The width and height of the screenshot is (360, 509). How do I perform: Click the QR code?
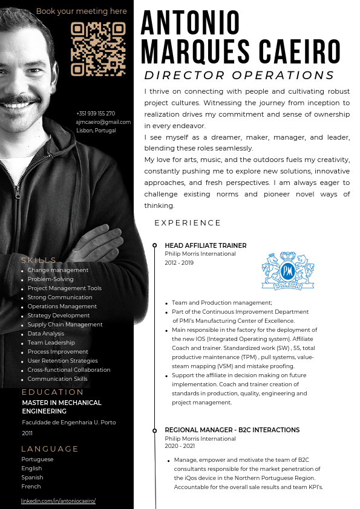point(98,50)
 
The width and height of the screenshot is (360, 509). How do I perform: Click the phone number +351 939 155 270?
point(96,114)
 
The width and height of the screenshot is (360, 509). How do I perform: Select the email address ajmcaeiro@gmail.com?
point(103,122)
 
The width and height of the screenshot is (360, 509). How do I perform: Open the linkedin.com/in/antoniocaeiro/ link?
point(59,501)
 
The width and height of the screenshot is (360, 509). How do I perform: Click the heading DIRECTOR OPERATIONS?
point(239,76)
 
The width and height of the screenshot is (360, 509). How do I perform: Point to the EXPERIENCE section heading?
point(188,223)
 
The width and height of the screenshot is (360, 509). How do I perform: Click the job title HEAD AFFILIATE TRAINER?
point(206,245)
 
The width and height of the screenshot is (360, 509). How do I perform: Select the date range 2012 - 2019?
point(179,262)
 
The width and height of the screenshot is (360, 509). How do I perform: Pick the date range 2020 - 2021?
point(180,446)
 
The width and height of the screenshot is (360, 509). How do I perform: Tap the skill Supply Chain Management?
point(65,325)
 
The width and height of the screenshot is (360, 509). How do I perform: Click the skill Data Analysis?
point(46,334)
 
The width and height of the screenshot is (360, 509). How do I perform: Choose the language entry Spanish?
point(31,477)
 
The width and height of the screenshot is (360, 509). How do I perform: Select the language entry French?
point(31,486)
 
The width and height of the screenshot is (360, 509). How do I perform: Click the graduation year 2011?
point(28,433)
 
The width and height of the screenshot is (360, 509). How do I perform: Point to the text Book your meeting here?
point(82,11)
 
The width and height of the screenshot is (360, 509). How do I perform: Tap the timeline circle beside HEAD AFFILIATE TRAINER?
point(155,245)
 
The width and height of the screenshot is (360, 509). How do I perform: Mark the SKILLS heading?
point(39,260)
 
